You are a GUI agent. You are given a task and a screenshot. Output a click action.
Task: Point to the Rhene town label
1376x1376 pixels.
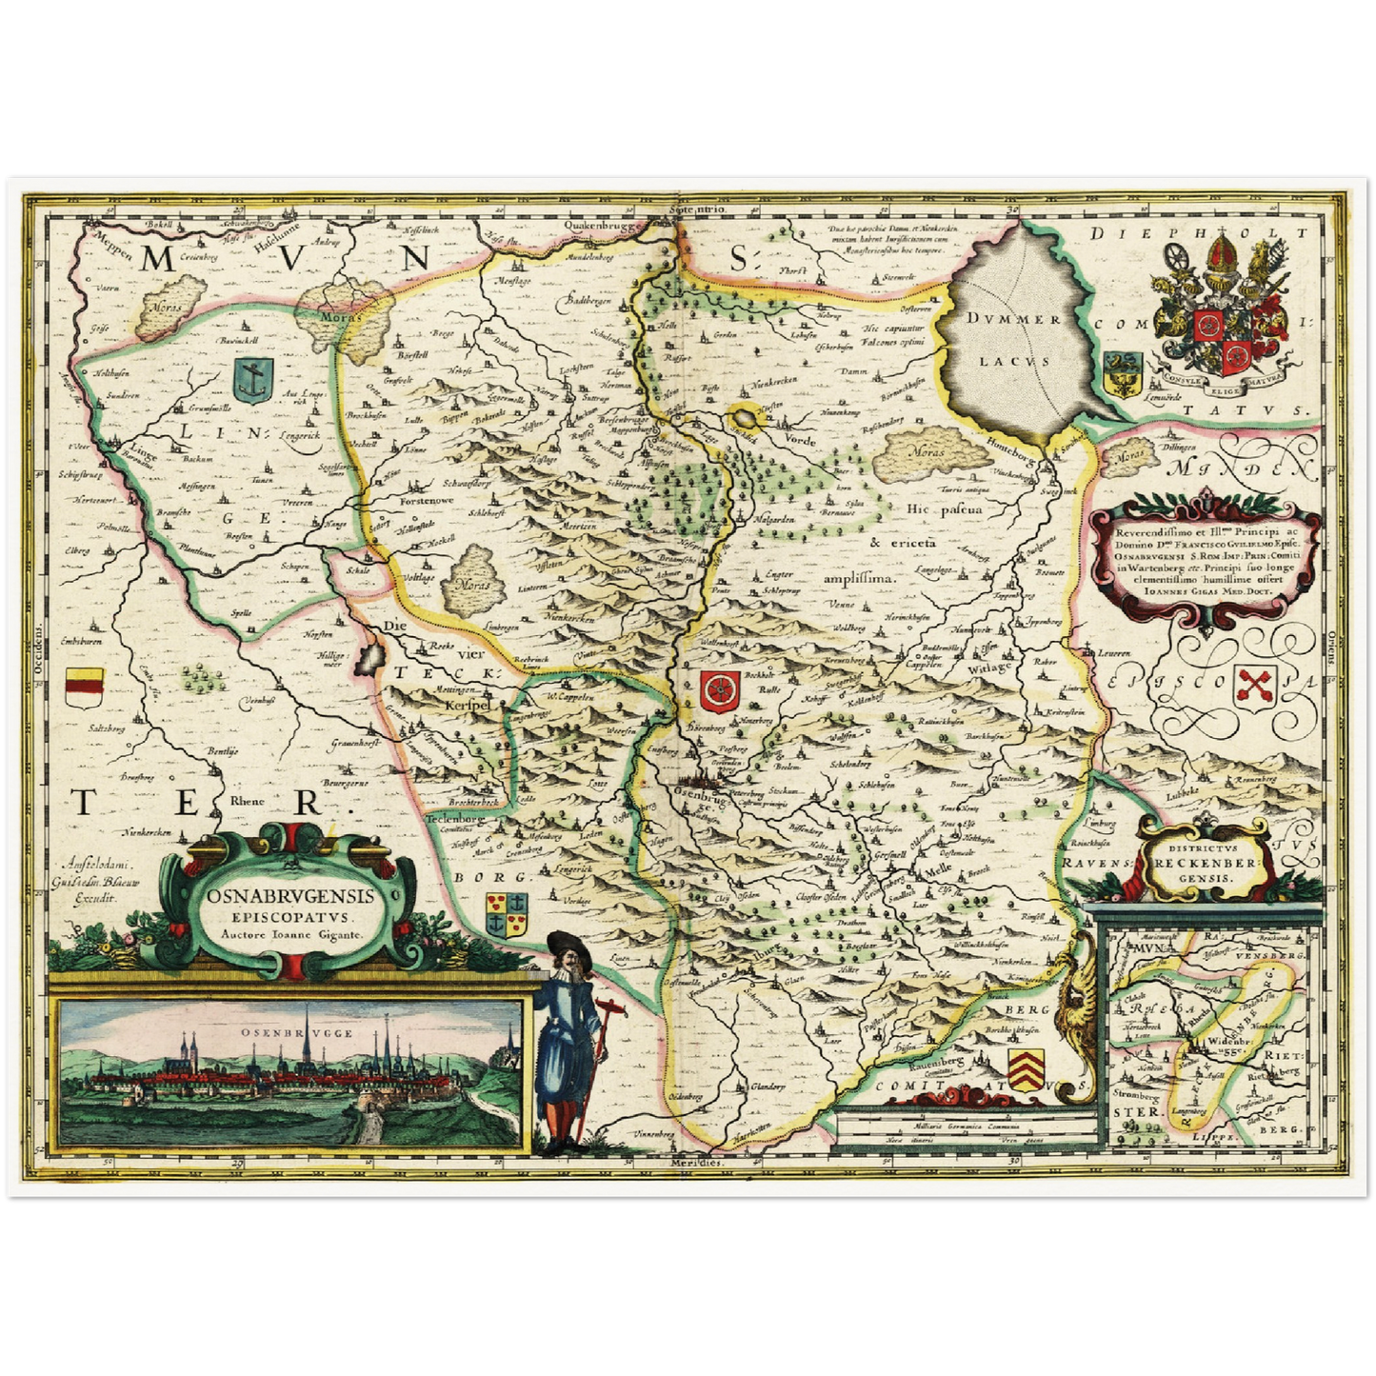pos(246,801)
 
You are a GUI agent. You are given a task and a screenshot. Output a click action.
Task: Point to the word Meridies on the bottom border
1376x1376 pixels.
pos(698,1164)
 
